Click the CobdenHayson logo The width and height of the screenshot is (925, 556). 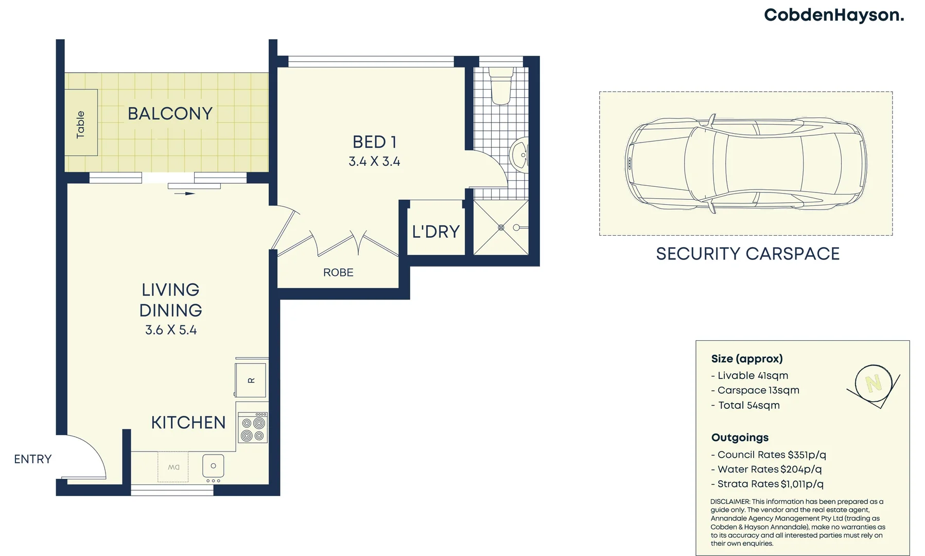[x=833, y=15]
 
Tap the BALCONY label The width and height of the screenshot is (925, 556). [x=170, y=114]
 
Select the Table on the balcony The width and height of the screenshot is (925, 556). [x=81, y=123]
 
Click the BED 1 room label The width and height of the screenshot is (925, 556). [x=374, y=142]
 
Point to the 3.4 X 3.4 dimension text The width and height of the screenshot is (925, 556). [x=374, y=162]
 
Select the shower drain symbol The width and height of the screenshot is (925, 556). [x=501, y=227]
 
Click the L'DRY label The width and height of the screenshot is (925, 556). [x=435, y=232]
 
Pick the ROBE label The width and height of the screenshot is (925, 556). [x=338, y=273]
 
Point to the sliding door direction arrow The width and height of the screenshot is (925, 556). [x=184, y=194]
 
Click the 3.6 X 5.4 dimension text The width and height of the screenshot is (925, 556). [x=171, y=330]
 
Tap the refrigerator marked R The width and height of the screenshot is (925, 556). [x=251, y=380]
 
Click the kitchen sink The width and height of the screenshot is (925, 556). [x=213, y=466]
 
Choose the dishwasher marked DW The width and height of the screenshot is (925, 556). [x=173, y=467]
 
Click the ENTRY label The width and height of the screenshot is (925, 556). [x=32, y=459]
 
